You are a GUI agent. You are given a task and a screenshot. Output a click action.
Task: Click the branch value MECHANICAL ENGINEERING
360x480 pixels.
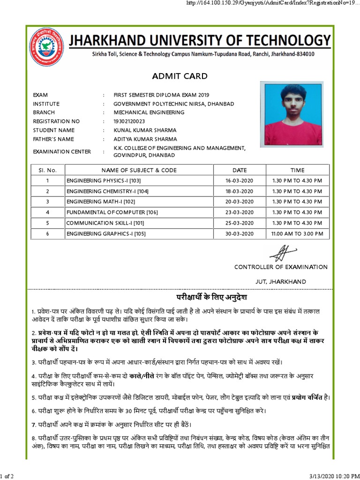pyautogui.click(x=149, y=112)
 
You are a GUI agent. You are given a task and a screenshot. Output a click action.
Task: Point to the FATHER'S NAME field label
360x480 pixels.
pyautogui.click(x=53, y=139)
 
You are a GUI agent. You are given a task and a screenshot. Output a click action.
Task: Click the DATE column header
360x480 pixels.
pyautogui.click(x=239, y=170)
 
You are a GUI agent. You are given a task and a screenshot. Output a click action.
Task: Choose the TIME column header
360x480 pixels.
pyautogui.click(x=297, y=170)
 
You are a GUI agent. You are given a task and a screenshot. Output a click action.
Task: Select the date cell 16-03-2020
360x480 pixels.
pyautogui.click(x=239, y=181)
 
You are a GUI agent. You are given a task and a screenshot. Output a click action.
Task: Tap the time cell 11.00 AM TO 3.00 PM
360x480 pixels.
pyautogui.click(x=297, y=233)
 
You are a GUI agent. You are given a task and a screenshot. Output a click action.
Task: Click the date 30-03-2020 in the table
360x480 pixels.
pyautogui.click(x=239, y=233)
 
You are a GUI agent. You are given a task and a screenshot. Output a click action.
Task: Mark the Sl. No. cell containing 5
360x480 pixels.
pyautogui.click(x=47, y=223)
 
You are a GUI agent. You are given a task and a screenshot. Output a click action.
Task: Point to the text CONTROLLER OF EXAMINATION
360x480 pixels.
pyautogui.click(x=281, y=267)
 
